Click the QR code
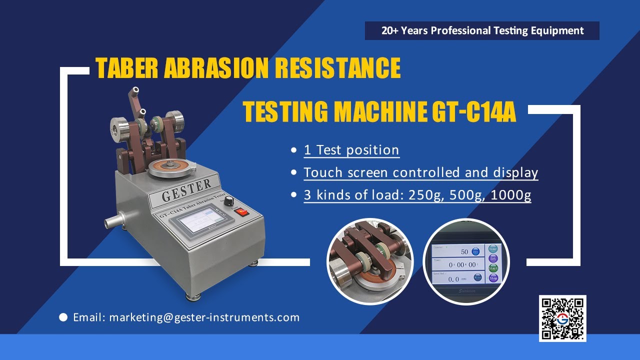point(562,318)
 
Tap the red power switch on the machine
point(242,211)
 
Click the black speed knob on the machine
point(228,201)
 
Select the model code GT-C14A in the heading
point(473,112)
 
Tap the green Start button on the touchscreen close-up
point(493,268)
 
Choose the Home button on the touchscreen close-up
point(493,249)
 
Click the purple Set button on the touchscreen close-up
point(493,258)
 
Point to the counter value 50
point(464,252)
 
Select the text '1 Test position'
point(351,150)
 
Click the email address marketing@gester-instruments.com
point(204,317)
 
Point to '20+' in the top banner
point(390,31)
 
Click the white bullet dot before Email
point(63,317)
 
